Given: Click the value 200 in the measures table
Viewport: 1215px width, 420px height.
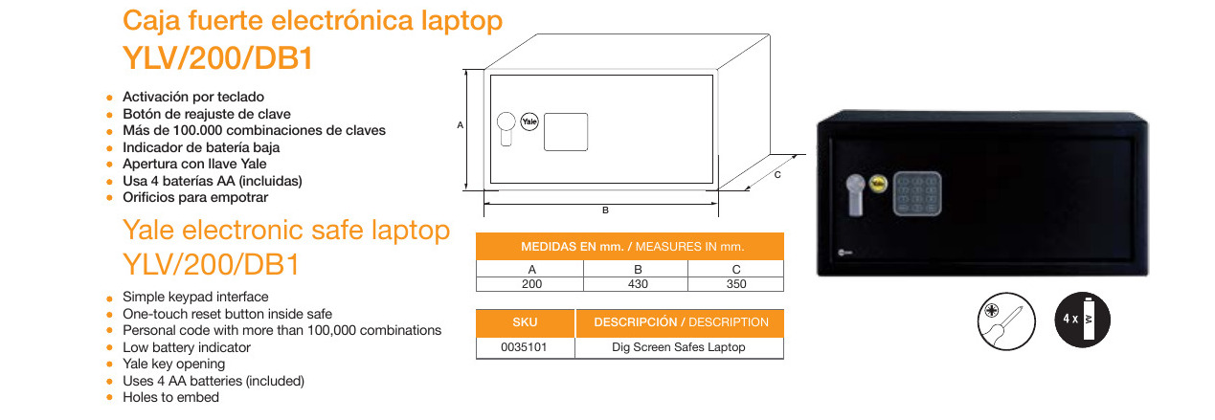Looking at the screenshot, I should [531, 284].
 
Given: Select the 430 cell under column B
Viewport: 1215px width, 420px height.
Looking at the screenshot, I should [637, 284].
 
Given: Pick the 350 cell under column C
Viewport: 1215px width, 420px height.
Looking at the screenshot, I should [735, 284].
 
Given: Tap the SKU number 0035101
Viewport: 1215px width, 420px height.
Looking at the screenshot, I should [525, 347].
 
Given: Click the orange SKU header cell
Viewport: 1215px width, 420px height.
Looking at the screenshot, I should [525, 322].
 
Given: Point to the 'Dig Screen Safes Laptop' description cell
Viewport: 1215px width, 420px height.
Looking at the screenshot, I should [678, 347].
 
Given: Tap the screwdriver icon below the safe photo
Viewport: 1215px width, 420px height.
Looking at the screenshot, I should [1005, 322].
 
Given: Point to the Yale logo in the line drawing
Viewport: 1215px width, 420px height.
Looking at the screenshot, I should [529, 122].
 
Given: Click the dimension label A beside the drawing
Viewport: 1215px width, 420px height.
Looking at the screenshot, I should [461, 125].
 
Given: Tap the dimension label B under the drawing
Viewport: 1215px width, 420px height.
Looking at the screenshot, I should [604, 210].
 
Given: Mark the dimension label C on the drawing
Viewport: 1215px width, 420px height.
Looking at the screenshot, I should [777, 175].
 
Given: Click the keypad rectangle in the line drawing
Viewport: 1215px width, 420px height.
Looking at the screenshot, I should [566, 131].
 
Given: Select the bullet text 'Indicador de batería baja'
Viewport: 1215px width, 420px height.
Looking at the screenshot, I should [201, 147].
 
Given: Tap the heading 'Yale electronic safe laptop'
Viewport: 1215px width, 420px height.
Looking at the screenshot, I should [286, 231].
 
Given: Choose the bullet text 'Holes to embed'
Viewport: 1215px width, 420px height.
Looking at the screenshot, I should [170, 397].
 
